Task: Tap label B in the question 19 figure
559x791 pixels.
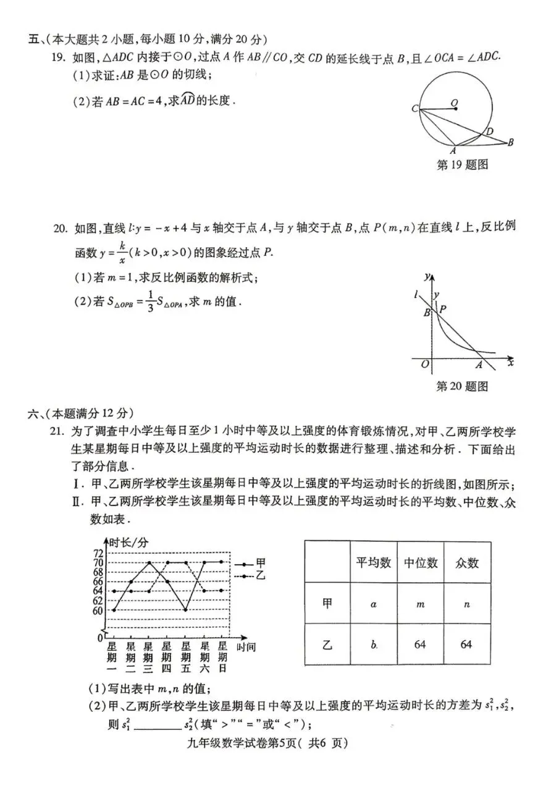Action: click(510, 143)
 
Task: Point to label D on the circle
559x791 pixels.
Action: click(489, 131)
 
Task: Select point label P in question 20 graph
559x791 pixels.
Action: click(442, 308)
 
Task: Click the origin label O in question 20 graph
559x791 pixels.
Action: click(424, 365)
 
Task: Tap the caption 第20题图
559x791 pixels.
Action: click(462, 386)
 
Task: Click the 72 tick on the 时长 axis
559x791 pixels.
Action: click(98, 552)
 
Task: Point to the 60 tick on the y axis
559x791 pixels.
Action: click(98, 611)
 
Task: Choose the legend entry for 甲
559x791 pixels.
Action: click(260, 562)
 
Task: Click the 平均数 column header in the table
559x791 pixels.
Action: click(373, 562)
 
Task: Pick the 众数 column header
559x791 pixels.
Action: click(466, 562)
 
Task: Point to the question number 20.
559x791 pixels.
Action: click(59, 229)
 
